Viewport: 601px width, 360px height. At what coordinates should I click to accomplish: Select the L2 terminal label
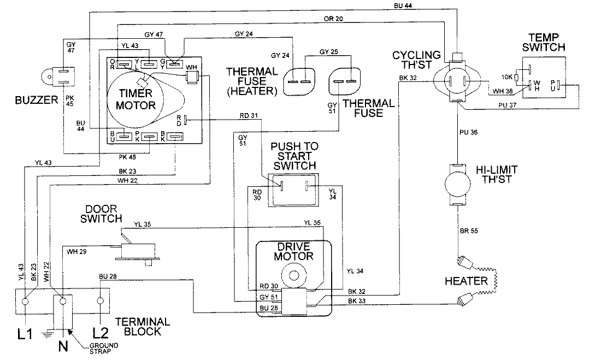click(x=99, y=333)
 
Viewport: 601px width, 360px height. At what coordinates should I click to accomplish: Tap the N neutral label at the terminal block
click(x=63, y=346)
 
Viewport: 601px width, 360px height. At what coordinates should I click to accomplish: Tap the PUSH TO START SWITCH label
click(x=294, y=156)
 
